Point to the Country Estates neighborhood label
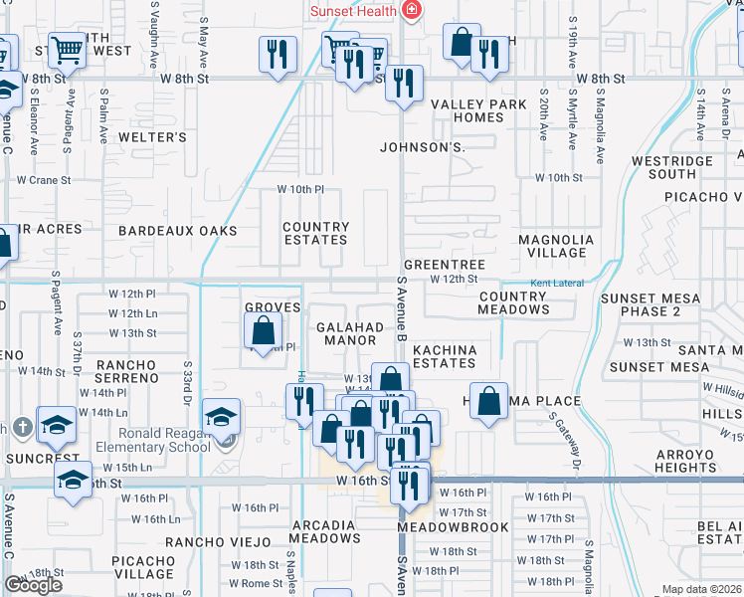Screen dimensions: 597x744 [315, 233]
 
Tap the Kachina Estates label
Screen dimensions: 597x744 [445, 356]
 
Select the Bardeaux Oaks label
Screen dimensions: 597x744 [178, 231]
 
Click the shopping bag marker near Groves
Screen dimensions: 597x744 [264, 330]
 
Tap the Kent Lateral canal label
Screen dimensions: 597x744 [556, 284]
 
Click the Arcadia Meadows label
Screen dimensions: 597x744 [325, 531]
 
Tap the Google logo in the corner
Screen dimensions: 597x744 [33, 585]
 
